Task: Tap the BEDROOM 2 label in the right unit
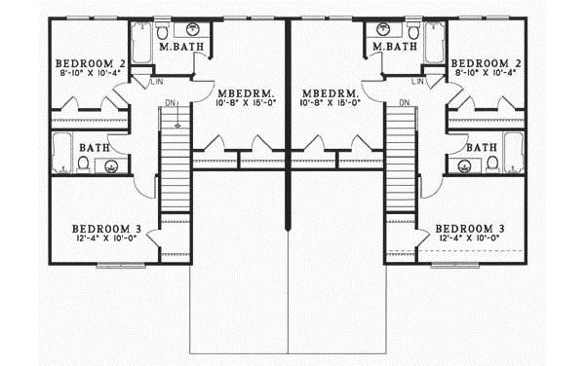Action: click(x=486, y=60)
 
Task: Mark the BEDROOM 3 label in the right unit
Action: click(x=470, y=228)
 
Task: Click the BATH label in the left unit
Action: click(x=95, y=148)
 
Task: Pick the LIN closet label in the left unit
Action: click(x=156, y=83)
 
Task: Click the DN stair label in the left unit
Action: click(x=170, y=102)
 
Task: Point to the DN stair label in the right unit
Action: click(x=404, y=102)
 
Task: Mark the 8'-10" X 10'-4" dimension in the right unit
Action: click(x=486, y=72)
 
